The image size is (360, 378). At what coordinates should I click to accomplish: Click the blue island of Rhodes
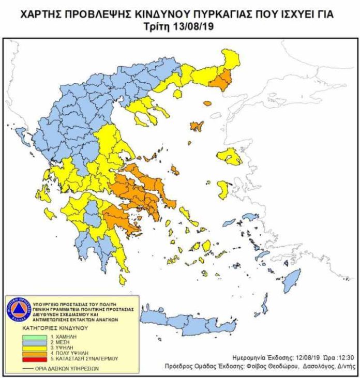(293, 279)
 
